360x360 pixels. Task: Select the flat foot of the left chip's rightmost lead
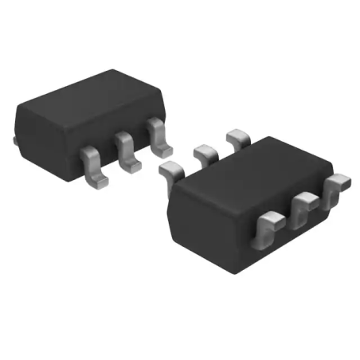click(162, 149)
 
